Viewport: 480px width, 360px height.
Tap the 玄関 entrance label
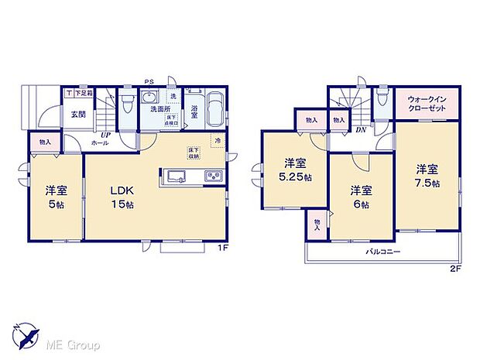pos(78,114)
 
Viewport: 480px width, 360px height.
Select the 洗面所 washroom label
pos(160,109)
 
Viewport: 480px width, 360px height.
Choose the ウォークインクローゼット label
pos(428,105)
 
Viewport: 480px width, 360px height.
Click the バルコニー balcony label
pos(382,252)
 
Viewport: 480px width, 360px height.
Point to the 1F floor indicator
pos(222,248)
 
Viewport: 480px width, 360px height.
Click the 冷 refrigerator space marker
pos(218,140)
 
